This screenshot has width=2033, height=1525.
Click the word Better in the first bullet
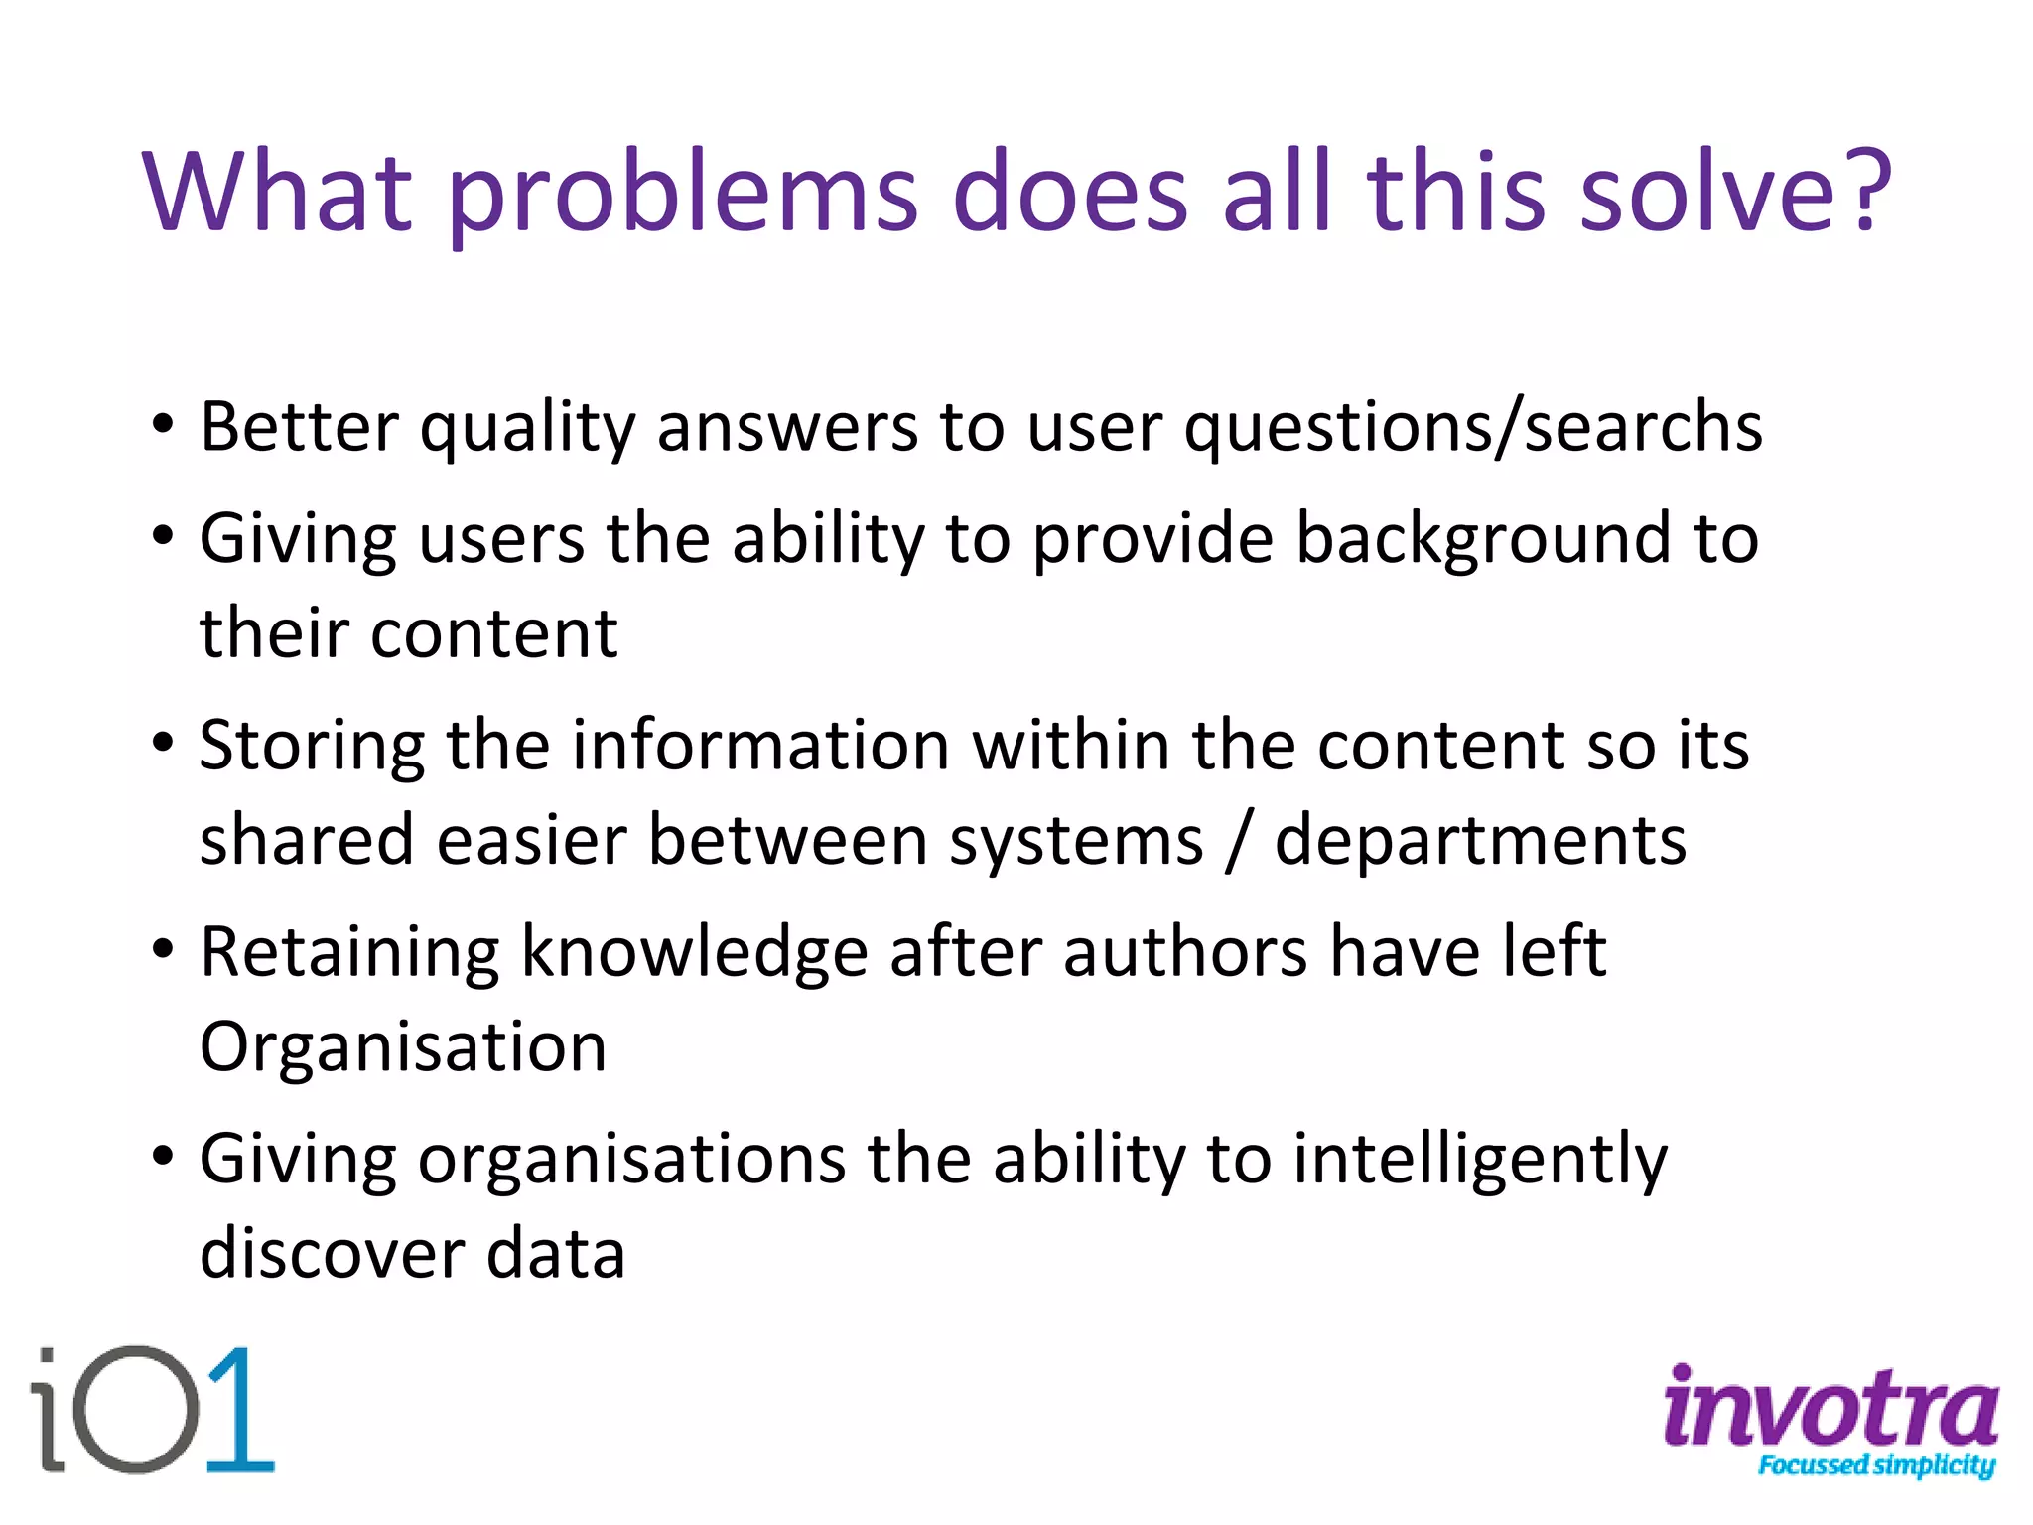(298, 427)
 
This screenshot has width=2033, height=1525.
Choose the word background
(1483, 538)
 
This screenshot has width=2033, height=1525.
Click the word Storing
(312, 747)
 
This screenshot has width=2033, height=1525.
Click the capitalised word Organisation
(403, 1046)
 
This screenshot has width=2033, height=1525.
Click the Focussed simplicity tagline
(1875, 1465)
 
